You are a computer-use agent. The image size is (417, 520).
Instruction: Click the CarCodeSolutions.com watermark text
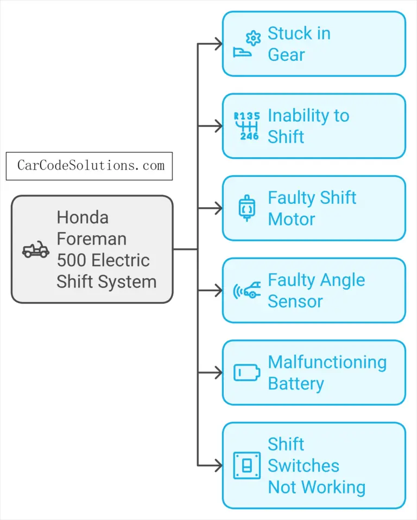90,165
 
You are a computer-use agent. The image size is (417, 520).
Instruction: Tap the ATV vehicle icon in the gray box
36,250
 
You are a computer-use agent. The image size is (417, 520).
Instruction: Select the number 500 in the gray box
71,260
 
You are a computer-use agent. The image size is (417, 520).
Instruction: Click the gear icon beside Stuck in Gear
252,38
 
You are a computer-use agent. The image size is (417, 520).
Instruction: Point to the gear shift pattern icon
246,126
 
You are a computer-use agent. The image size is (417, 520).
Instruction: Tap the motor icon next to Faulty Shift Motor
246,208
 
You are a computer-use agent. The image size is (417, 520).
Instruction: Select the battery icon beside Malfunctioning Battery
246,373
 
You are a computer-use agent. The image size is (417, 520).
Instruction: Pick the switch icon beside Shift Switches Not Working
246,465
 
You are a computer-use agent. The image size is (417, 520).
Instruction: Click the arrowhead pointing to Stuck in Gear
218,44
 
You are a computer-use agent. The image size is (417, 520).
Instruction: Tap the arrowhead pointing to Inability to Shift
218,126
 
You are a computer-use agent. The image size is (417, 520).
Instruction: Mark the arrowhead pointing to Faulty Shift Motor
218,208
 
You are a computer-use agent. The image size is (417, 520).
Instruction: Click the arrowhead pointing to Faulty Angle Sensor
218,291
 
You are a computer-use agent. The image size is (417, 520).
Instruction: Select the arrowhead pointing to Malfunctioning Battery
218,373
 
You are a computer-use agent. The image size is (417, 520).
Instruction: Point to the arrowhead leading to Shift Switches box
218,465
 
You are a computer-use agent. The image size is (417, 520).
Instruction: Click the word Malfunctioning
327,362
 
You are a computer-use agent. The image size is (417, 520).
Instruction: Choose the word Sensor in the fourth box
295,301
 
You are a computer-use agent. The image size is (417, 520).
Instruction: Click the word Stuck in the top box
290,34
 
